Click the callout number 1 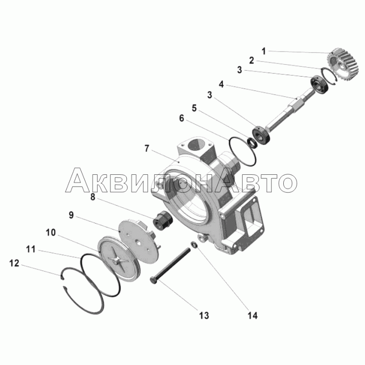tap(264, 51)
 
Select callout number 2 tap(252, 61)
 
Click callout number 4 tap(221, 84)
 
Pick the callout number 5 tap(194, 108)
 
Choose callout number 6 tap(182, 118)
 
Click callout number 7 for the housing tap(146, 148)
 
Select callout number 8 tap(93, 197)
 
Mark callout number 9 tap(71, 215)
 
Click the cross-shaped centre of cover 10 tap(119, 261)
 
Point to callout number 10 tap(51, 232)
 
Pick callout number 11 tap(31, 249)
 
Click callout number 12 tap(14, 263)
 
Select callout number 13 tap(204, 316)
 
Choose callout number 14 tap(252, 316)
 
